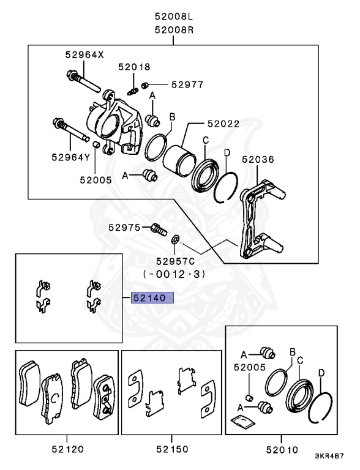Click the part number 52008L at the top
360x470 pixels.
(x=173, y=17)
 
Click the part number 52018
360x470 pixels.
(x=135, y=66)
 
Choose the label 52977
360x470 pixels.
(x=187, y=84)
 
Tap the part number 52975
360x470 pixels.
(x=125, y=227)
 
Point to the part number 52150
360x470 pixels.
(x=171, y=450)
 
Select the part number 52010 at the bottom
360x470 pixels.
(x=282, y=450)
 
